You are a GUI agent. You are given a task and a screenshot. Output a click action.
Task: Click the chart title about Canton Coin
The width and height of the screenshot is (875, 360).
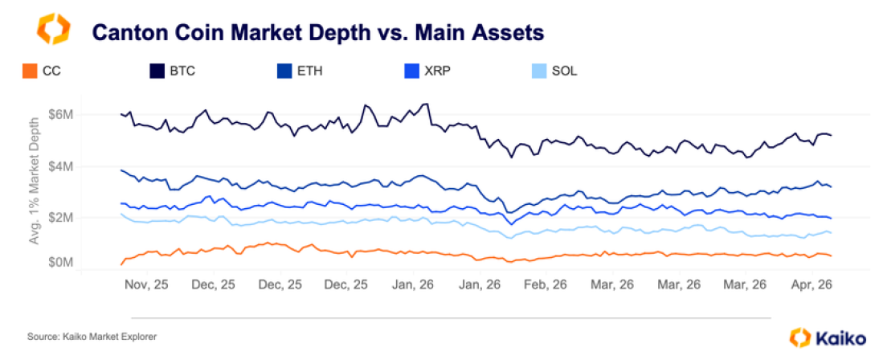tap(317, 32)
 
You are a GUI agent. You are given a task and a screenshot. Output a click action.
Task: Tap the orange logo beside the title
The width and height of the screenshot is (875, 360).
tap(54, 29)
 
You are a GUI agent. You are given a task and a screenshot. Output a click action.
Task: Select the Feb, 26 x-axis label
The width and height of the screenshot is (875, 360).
tap(546, 284)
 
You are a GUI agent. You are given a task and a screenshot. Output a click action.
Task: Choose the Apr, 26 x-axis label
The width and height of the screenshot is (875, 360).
tap(812, 284)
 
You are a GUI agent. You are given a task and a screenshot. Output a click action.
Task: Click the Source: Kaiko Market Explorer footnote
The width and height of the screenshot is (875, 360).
tap(92, 337)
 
